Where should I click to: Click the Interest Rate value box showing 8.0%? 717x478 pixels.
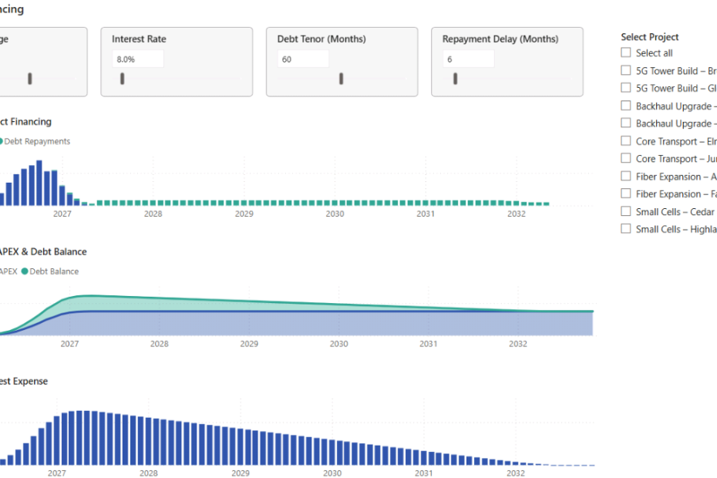(137, 59)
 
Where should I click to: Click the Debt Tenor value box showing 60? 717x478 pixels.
(303, 59)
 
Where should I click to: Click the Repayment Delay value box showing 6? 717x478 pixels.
(468, 59)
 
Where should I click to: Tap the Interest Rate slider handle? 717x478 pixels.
(122, 79)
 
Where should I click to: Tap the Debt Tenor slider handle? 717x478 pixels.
(342, 79)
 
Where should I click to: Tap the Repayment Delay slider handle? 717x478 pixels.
(455, 79)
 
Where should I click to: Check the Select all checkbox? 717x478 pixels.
(626, 53)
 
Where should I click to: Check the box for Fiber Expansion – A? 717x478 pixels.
(626, 177)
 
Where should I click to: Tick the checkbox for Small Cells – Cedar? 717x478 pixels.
(626, 211)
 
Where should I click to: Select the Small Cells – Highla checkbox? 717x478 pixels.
(626, 229)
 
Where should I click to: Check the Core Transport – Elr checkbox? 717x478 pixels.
(626, 141)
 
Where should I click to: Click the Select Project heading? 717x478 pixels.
(649, 37)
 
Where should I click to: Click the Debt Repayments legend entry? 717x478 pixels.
(36, 142)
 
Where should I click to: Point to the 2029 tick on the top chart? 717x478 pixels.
(244, 214)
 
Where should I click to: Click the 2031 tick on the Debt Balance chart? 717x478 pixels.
(428, 344)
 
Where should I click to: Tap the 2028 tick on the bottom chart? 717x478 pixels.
(149, 473)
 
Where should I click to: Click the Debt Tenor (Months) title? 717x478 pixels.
(321, 39)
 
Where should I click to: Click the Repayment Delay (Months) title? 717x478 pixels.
(500, 39)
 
